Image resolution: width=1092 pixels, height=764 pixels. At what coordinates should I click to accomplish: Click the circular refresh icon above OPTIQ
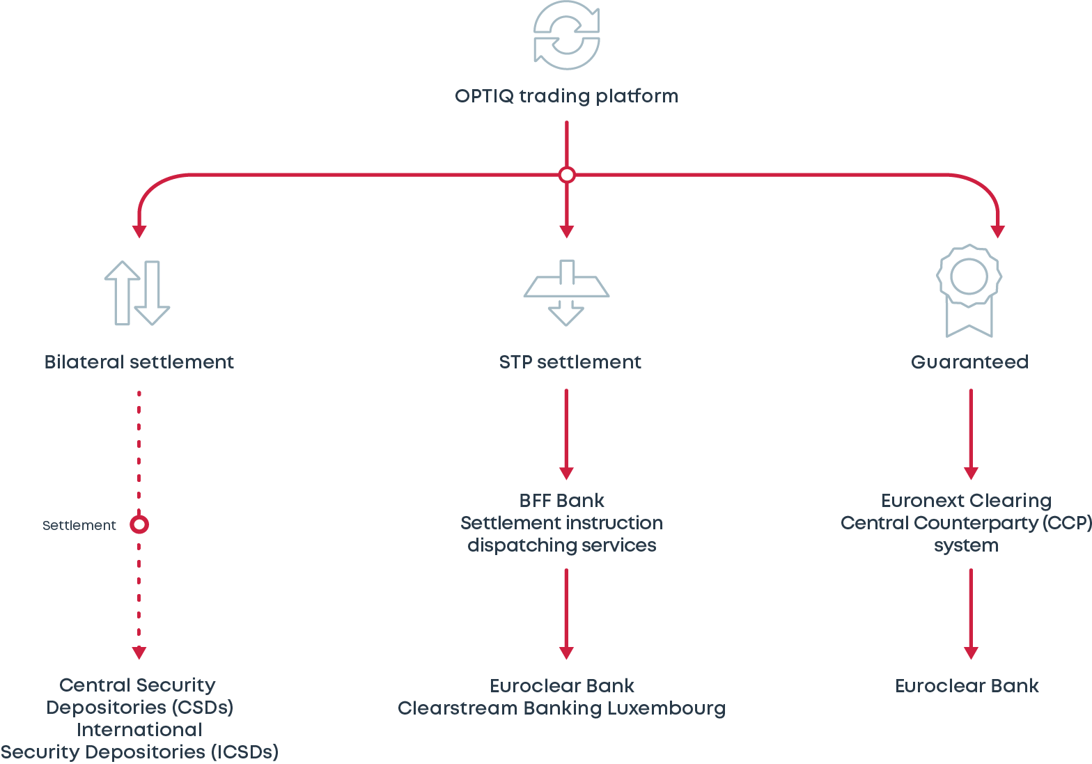566,36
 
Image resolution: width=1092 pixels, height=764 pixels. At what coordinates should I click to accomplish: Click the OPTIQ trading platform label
566,96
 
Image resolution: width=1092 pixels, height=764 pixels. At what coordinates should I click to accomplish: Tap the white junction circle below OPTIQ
567,175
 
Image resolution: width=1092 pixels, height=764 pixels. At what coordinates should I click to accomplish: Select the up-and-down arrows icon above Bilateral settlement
137,293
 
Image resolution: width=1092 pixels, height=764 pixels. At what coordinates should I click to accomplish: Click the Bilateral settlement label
139,362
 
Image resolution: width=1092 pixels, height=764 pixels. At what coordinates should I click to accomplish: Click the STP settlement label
570,362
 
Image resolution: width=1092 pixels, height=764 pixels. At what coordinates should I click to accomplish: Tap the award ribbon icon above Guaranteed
969,290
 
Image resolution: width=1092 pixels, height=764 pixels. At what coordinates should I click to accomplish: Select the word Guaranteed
969,362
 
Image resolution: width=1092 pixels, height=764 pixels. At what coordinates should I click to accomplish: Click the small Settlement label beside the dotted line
79,526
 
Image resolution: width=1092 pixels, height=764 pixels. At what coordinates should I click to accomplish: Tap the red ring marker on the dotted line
139,524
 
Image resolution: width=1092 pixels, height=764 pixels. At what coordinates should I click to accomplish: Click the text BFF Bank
561,501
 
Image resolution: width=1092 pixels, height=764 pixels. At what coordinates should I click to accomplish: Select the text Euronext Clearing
966,501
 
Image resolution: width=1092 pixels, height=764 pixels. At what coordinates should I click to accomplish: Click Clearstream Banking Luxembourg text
561,708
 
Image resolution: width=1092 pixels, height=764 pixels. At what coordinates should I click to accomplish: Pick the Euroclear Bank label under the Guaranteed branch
967,686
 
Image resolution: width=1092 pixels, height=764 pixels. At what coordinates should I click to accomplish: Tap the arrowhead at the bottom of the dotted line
139,653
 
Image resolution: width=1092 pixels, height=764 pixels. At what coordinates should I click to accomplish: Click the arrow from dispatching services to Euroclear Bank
566,614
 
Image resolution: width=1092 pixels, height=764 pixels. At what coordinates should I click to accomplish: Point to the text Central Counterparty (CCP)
966,523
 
